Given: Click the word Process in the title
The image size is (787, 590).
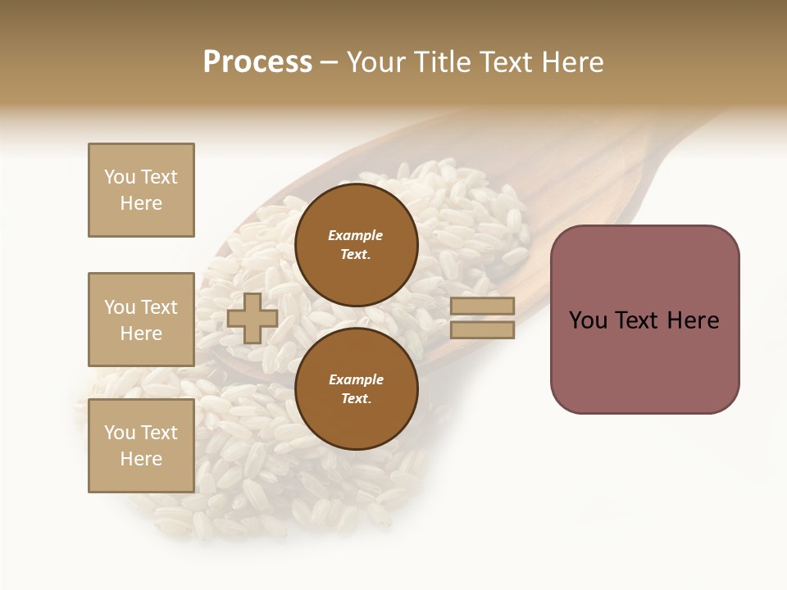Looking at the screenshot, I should [257, 62].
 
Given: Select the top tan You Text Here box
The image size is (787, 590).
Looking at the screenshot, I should [141, 190].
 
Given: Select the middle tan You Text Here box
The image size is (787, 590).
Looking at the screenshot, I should [141, 320].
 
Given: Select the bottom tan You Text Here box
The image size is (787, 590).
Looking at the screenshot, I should [141, 446].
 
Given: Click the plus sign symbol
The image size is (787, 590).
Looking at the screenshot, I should [252, 319].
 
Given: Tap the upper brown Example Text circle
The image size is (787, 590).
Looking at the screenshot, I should [356, 245].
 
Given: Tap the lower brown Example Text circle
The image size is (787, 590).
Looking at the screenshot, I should [356, 389].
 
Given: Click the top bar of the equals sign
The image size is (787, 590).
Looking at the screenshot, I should [482, 306].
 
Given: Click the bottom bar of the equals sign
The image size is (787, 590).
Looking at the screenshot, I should [482, 330].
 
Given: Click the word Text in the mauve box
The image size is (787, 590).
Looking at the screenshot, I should [638, 320].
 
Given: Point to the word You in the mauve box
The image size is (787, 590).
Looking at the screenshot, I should [588, 320].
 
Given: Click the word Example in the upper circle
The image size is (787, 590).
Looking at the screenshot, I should [356, 235].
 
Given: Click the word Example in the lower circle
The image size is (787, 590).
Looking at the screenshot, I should [356, 379].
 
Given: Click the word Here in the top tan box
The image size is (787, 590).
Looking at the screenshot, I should [141, 203].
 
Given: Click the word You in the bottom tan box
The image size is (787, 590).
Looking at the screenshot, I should [120, 433].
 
